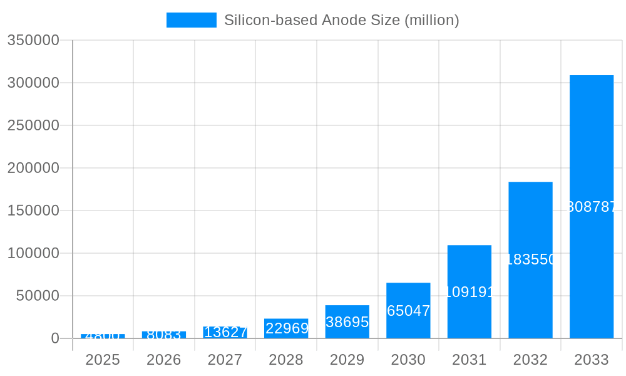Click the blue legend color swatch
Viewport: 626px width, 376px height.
click(191, 20)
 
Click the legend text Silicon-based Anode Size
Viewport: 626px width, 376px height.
click(341, 20)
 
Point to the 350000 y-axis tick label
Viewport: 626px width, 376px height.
click(33, 40)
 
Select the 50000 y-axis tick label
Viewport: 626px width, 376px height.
click(38, 296)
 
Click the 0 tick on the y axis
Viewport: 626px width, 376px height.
click(54, 338)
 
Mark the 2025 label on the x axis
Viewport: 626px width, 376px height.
click(103, 360)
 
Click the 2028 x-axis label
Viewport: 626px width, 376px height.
click(286, 360)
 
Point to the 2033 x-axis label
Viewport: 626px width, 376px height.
click(591, 360)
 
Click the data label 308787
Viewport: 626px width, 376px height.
click(592, 207)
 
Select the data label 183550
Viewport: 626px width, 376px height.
click(530, 259)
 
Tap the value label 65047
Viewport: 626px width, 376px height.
click(408, 310)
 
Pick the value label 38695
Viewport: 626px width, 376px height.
click(347, 322)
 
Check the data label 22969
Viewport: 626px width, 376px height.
click(287, 328)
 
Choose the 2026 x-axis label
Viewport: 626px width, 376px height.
click(164, 360)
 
